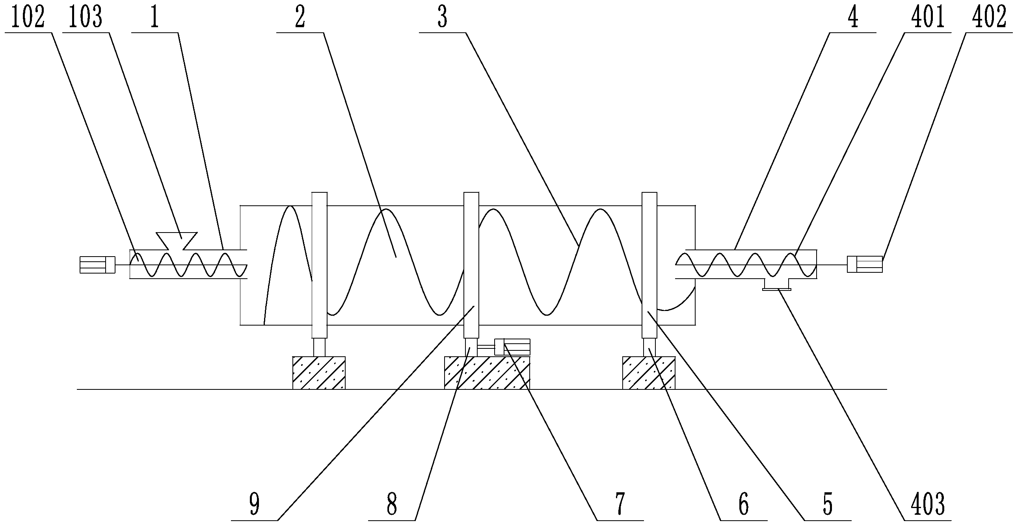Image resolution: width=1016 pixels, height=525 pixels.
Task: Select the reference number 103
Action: (x=85, y=18)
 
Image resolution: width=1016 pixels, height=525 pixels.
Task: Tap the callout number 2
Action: (x=300, y=18)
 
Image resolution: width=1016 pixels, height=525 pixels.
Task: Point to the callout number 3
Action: (x=443, y=18)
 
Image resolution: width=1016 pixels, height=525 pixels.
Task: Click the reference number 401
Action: (x=928, y=18)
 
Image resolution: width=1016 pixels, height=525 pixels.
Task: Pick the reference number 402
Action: (x=988, y=18)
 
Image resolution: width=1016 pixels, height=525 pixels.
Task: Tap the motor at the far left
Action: (x=97, y=265)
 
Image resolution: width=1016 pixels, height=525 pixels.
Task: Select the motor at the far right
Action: (x=865, y=264)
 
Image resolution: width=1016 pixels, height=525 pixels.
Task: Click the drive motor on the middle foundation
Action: (x=512, y=347)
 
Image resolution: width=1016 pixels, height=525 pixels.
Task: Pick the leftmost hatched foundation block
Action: (x=319, y=373)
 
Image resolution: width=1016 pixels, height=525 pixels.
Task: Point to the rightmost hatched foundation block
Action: (x=649, y=373)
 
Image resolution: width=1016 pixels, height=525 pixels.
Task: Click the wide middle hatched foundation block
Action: (x=487, y=373)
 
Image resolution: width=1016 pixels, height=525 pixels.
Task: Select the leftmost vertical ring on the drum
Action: (x=320, y=265)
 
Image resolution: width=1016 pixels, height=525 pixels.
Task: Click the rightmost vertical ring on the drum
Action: (x=649, y=265)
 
